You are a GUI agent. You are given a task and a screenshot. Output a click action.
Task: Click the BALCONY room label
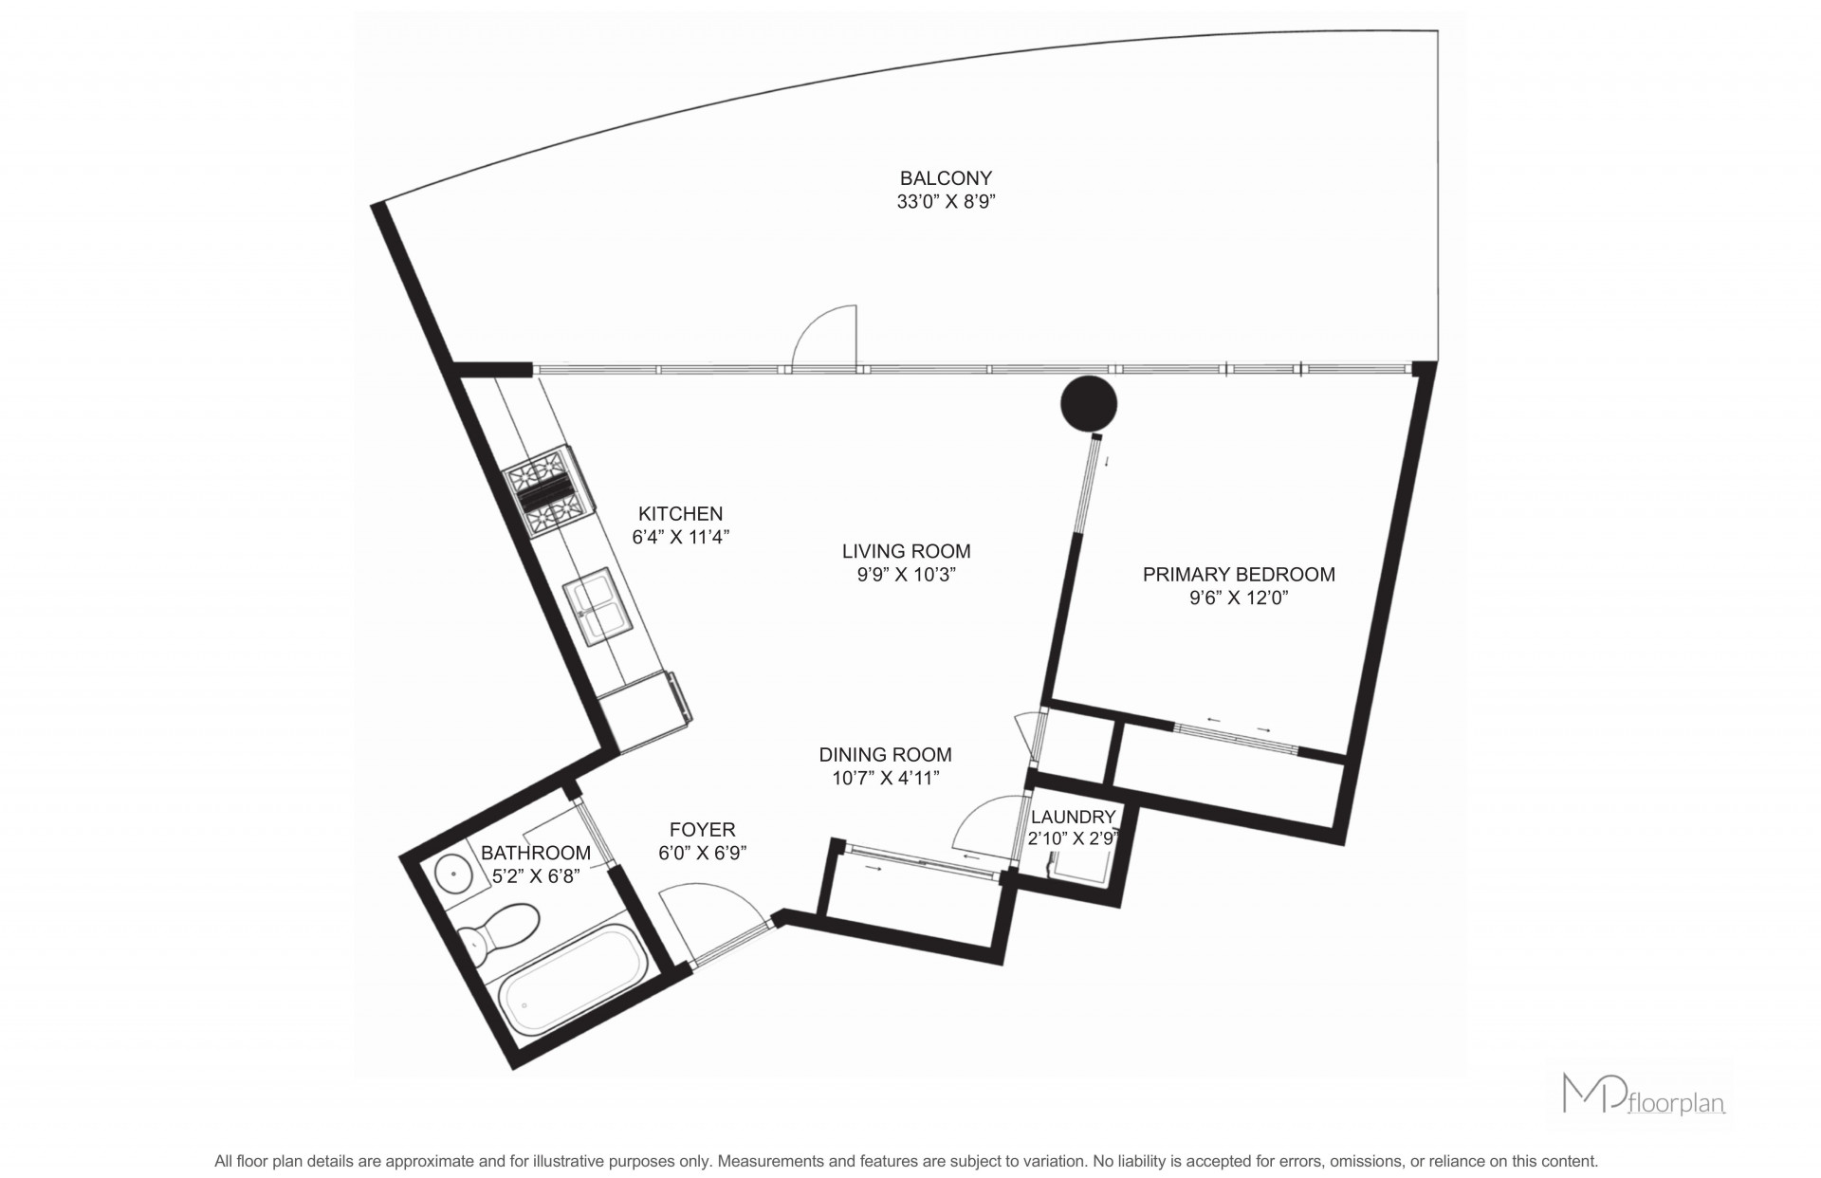click(946, 178)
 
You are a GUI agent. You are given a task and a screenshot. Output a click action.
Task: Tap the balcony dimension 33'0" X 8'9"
click(946, 202)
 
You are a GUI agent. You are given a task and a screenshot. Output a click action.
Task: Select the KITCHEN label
click(681, 513)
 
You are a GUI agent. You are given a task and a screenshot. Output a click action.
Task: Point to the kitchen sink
click(598, 606)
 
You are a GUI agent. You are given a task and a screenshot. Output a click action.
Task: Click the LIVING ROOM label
click(907, 551)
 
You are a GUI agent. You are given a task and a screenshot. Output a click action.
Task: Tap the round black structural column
click(1089, 404)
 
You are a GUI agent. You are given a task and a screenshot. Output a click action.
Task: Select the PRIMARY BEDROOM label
click(1239, 574)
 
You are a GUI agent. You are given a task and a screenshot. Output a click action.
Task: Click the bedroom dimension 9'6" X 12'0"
click(1239, 598)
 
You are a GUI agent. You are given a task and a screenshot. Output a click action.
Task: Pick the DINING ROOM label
click(886, 755)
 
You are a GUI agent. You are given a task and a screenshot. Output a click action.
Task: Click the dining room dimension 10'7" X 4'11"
click(886, 779)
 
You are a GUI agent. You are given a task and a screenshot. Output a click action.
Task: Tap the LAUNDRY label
click(1073, 817)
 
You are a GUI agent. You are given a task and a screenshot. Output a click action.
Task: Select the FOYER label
click(703, 829)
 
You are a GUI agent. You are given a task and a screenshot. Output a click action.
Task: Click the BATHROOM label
click(536, 853)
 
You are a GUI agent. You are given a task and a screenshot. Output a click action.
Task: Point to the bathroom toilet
click(498, 930)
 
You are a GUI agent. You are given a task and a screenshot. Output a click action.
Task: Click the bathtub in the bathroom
click(574, 984)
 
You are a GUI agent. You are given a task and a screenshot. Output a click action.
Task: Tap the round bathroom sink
click(454, 873)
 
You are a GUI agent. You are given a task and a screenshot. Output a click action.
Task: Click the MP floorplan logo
click(1643, 1094)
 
